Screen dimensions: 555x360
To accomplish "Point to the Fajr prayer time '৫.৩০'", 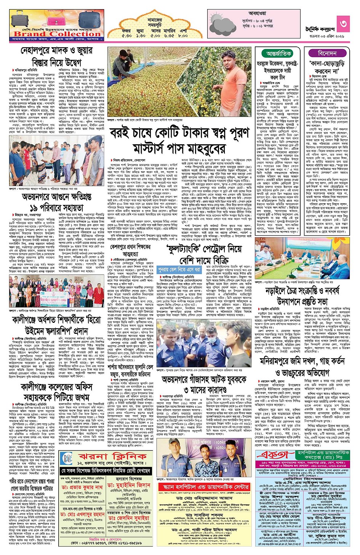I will coord(126,35).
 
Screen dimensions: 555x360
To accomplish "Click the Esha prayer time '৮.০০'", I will coord(182,35).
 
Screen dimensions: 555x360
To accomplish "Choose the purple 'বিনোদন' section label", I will coord(327,53).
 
